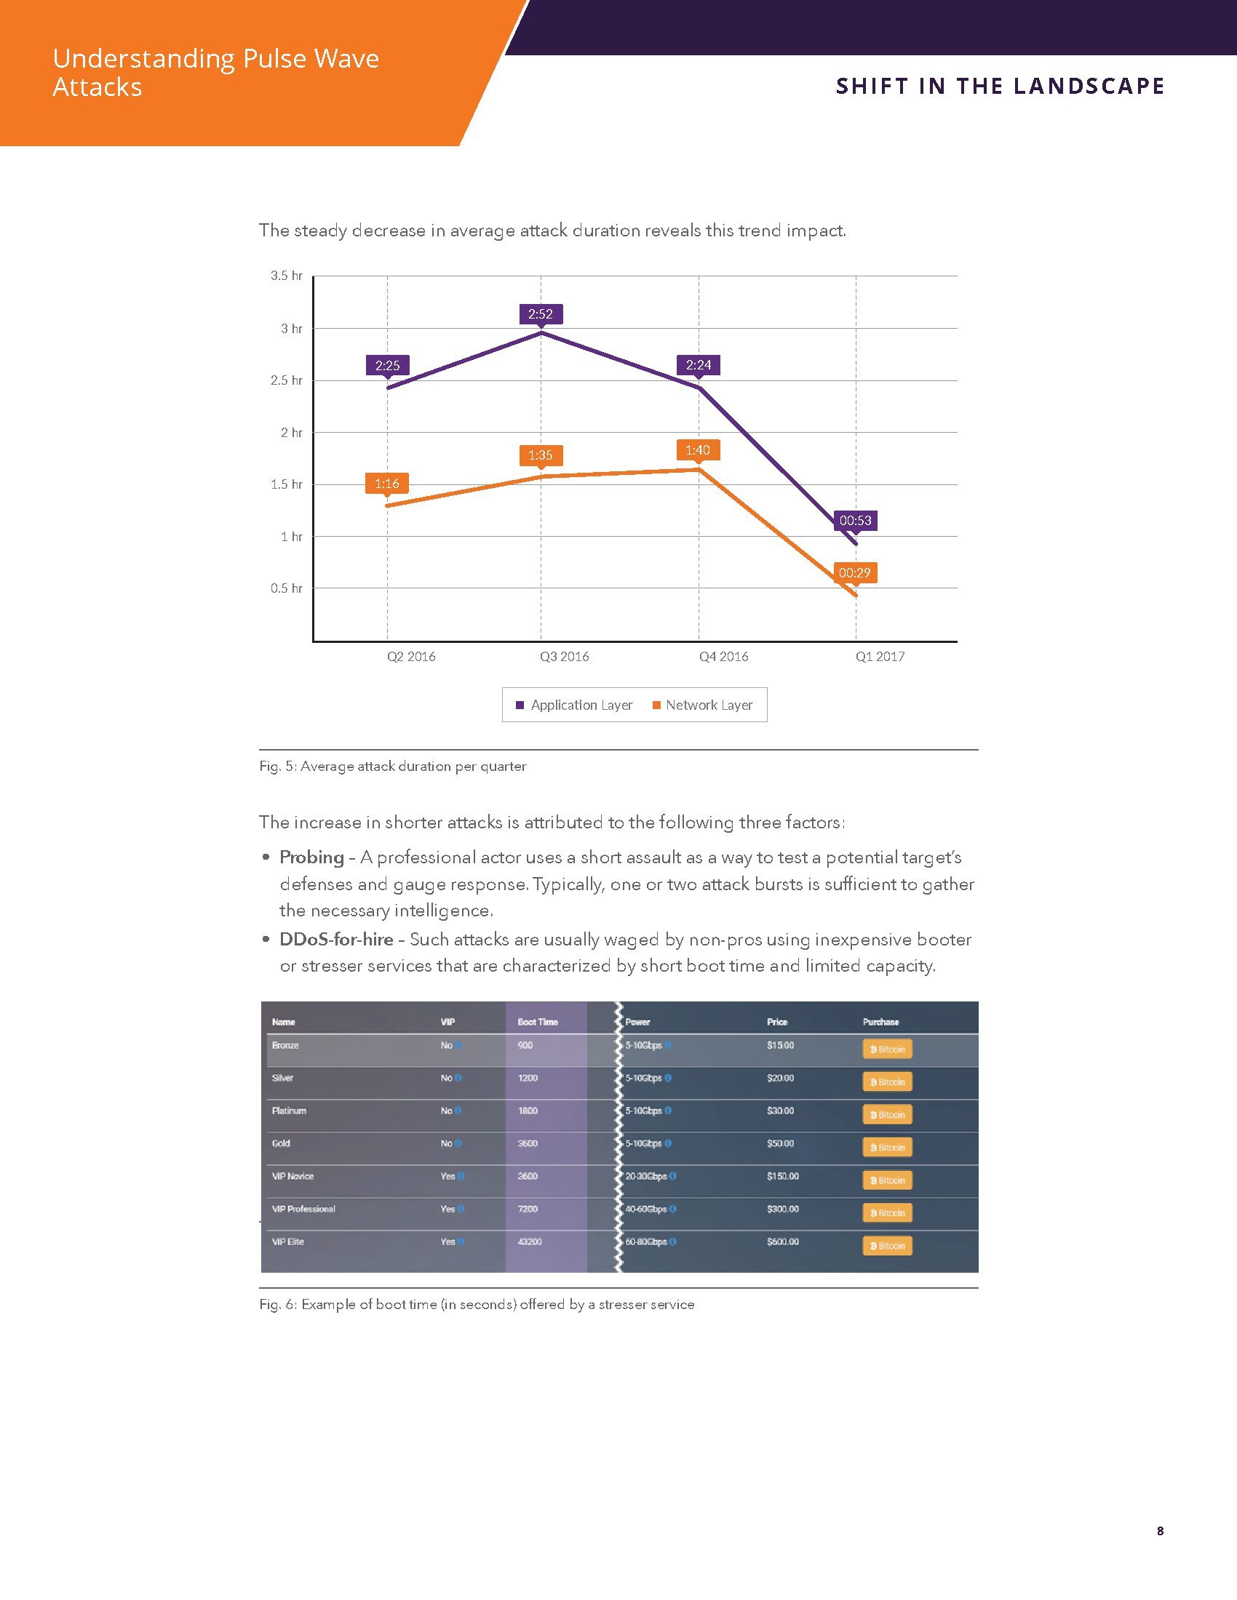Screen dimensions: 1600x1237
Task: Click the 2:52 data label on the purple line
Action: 541,314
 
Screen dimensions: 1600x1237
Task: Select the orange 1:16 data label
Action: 387,484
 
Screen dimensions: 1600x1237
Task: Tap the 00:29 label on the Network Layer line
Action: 854,573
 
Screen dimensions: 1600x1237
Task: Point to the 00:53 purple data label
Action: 855,521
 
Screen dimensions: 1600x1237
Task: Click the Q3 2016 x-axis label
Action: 564,657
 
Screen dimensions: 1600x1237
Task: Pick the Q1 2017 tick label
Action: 880,657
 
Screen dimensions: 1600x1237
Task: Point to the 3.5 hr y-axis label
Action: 287,276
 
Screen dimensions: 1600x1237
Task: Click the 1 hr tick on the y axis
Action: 291,537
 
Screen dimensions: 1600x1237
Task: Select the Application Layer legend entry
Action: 575,705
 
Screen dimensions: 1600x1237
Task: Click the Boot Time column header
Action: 538,1022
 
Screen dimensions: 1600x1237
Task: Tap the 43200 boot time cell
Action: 529,1241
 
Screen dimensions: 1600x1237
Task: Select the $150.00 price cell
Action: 783,1176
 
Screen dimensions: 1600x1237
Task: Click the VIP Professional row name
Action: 303,1209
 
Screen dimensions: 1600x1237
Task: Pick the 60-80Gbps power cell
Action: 646,1241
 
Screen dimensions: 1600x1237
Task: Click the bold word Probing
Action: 311,857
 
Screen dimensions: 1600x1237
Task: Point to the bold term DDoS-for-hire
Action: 336,939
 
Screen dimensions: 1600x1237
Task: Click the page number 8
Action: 1160,1530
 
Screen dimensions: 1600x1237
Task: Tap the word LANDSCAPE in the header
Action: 1090,87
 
